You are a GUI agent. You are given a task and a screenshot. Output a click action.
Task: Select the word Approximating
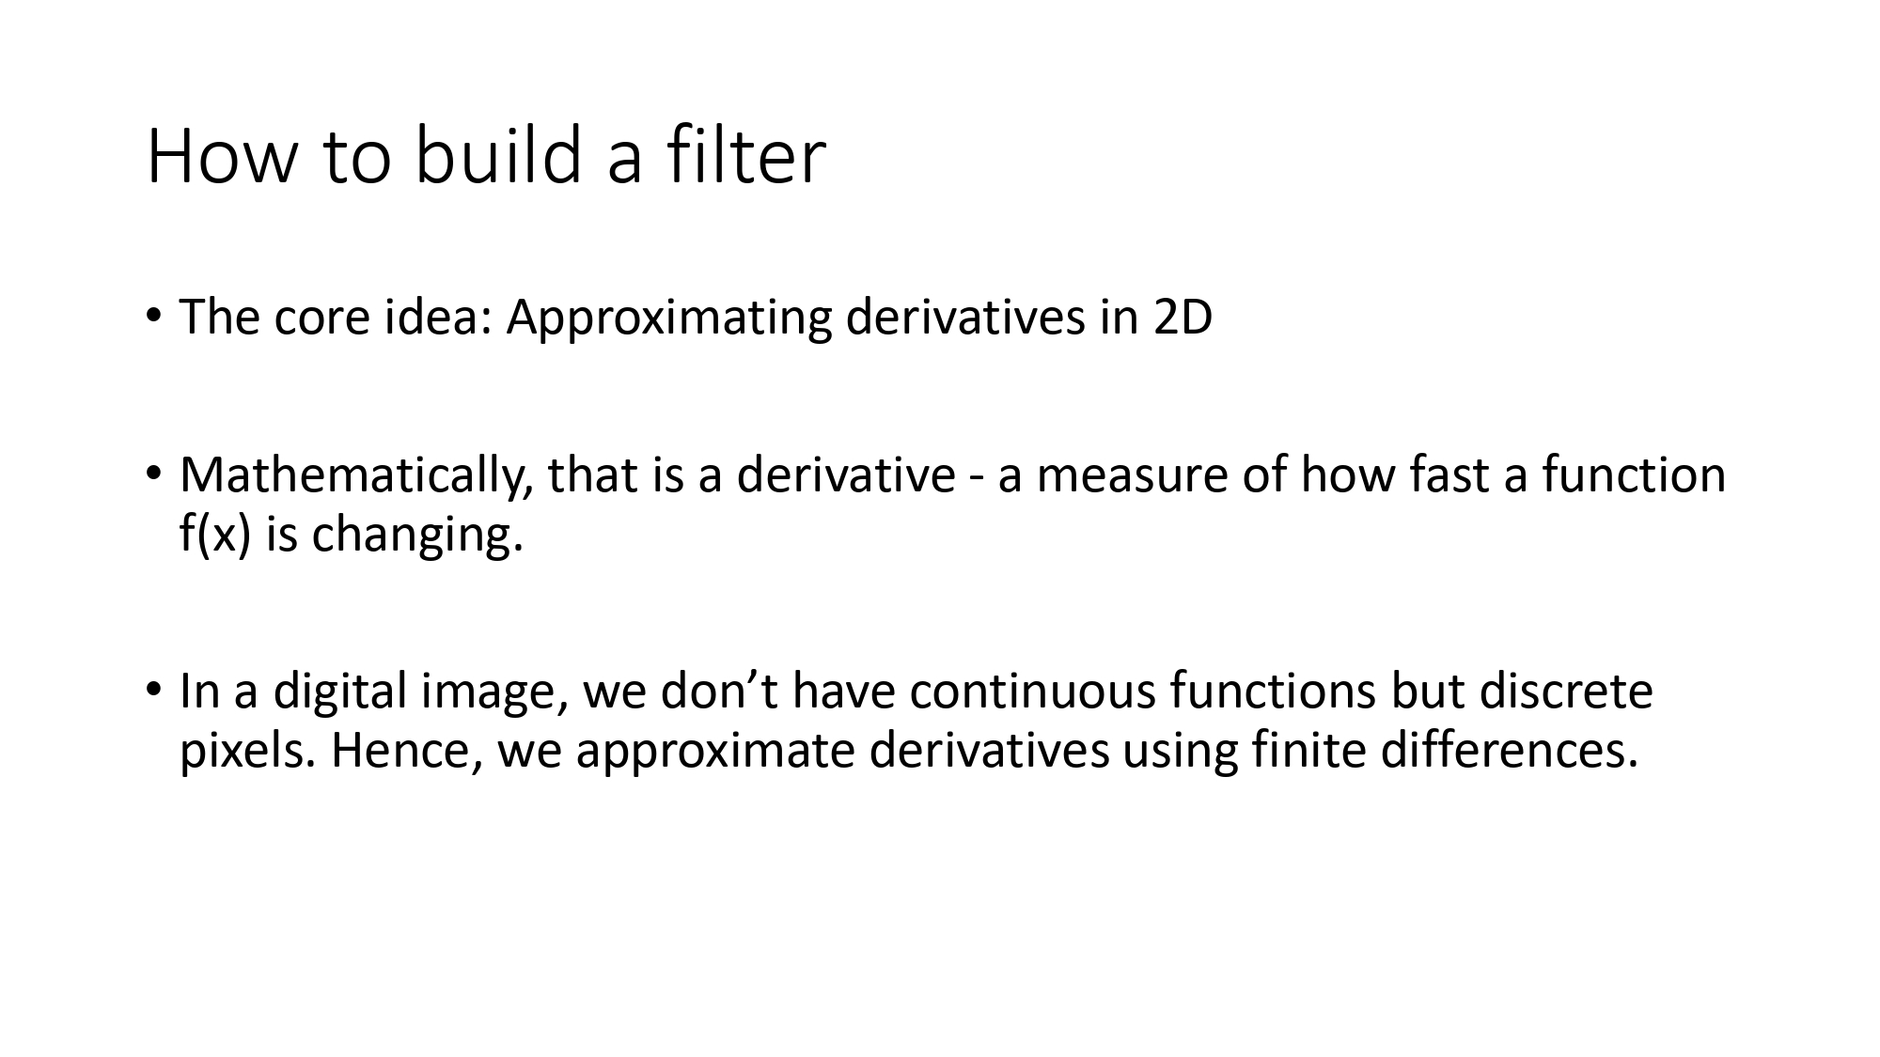pos(668,318)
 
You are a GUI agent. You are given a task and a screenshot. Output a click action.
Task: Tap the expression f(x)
pos(215,535)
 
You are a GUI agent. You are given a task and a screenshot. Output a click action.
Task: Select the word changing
pos(416,535)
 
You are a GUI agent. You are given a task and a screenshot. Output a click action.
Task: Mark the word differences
pos(1509,751)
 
